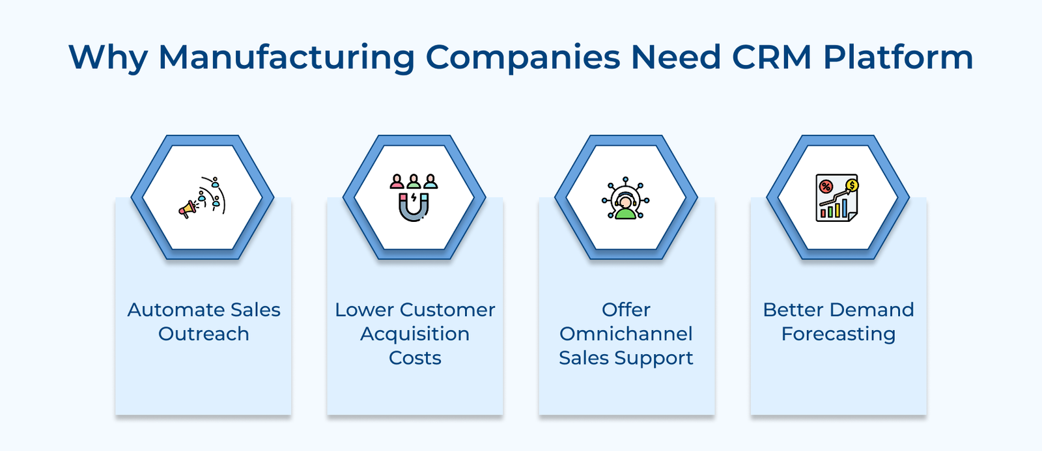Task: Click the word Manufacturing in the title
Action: point(287,57)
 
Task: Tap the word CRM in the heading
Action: point(771,57)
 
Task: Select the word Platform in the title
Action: point(898,57)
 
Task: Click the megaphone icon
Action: point(188,209)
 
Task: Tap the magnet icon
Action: point(414,207)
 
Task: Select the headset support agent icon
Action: point(625,198)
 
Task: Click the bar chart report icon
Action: point(838,198)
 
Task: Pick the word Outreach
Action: point(204,334)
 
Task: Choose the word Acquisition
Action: point(415,334)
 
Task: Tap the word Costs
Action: point(415,358)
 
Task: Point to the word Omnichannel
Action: point(626,334)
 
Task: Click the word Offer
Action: point(626,310)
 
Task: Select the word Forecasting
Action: point(838,334)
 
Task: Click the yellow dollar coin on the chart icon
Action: point(852,185)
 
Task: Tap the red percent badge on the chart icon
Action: point(826,187)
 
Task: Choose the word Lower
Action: point(365,310)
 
